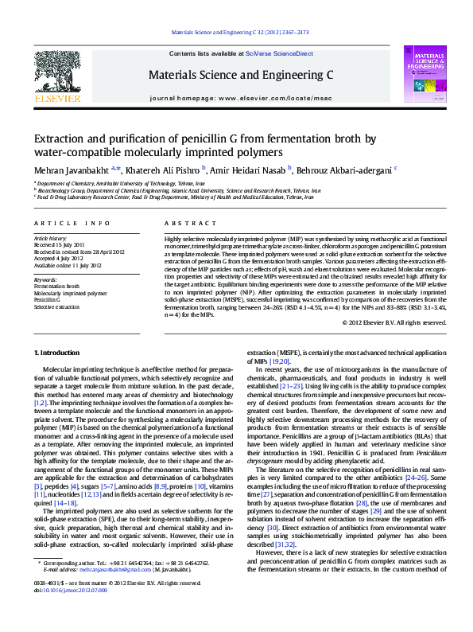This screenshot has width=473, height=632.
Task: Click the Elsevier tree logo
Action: pyautogui.click(x=56, y=76)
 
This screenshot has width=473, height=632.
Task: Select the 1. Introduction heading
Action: pyautogui.click(x=60, y=352)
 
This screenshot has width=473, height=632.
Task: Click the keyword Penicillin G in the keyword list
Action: pyautogui.click(x=48, y=299)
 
